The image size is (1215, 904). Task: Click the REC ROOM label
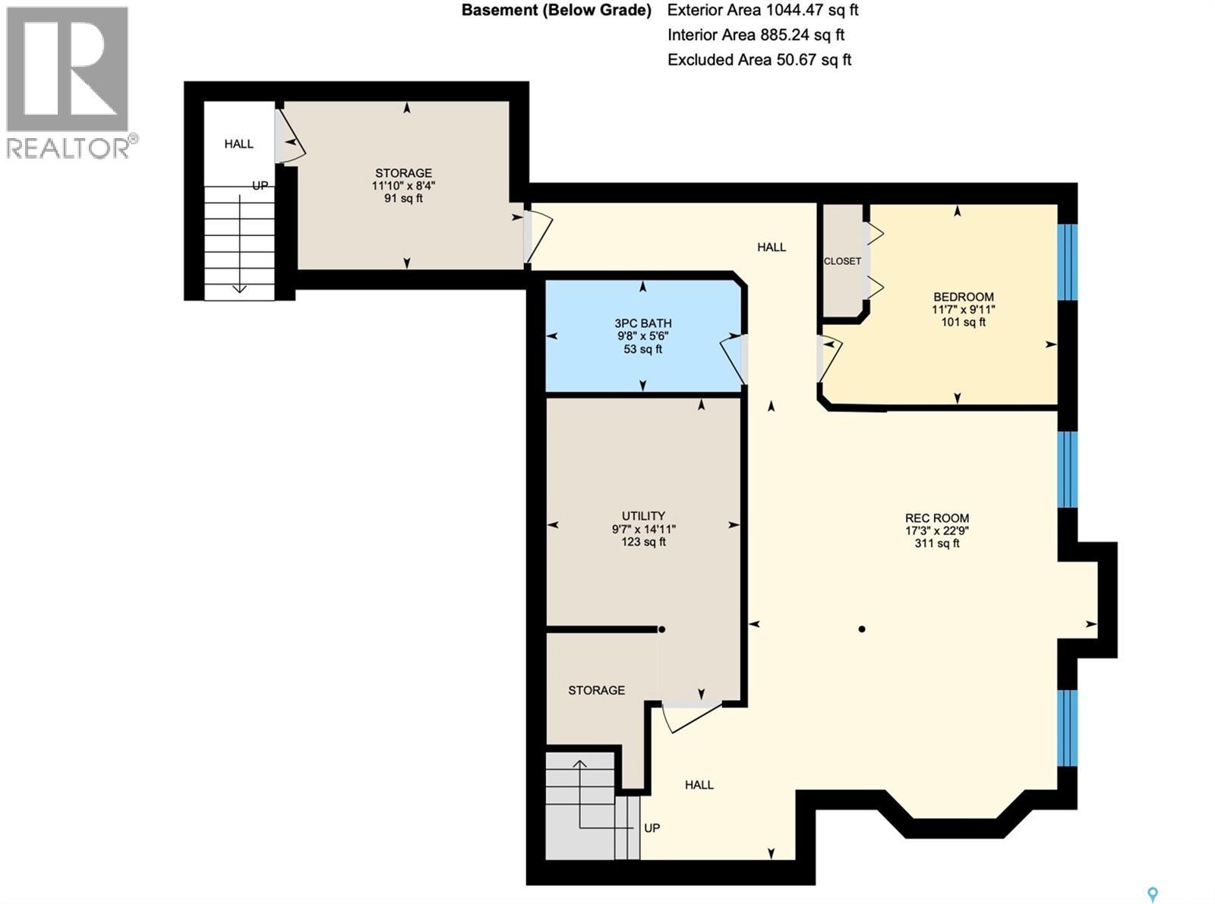coord(936,518)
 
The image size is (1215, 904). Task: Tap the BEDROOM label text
coord(963,297)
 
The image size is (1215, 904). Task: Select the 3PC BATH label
coord(642,323)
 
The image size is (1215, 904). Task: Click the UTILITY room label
coord(643,516)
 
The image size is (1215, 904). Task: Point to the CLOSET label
coord(842,261)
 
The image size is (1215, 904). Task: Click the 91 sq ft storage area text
coord(403,199)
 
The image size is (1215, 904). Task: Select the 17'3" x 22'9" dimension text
coord(936,531)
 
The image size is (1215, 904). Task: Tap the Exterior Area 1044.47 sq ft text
coord(762,11)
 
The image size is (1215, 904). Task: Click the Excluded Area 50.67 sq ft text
coord(759,60)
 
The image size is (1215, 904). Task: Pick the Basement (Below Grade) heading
coord(557,11)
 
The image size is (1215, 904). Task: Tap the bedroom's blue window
coord(1068,262)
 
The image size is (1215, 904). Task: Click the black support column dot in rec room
coord(862,629)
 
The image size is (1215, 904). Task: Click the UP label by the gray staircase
coord(652,828)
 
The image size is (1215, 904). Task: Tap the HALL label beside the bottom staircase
coord(699,785)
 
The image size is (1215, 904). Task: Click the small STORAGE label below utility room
coord(596,690)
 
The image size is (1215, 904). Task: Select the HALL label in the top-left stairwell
coord(238,144)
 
